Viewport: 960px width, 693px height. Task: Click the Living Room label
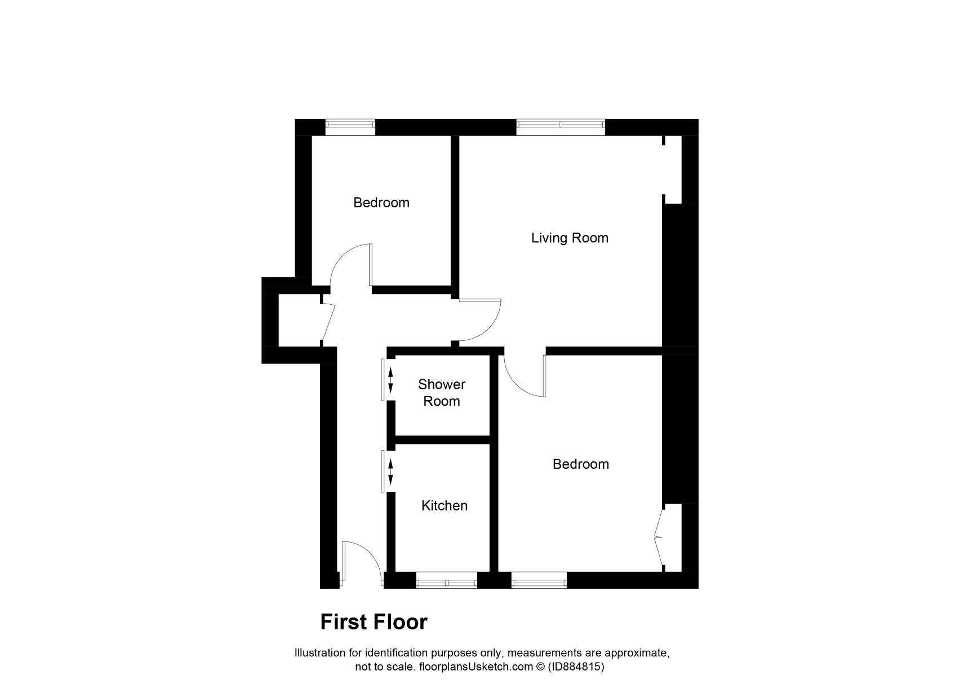click(x=570, y=238)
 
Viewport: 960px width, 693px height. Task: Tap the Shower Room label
click(x=442, y=393)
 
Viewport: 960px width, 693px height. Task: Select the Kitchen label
click(x=444, y=506)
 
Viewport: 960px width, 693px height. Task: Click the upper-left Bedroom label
click(x=381, y=203)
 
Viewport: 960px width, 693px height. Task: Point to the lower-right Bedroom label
click(x=581, y=464)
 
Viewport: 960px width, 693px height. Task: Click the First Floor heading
click(x=374, y=623)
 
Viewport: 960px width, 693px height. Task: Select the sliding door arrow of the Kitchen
click(x=390, y=471)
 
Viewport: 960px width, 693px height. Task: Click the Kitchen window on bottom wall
click(x=446, y=581)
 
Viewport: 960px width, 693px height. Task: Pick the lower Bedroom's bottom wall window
click(x=539, y=581)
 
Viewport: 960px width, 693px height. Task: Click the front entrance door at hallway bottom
click(x=361, y=561)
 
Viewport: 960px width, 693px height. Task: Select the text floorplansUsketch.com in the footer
click(x=474, y=667)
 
